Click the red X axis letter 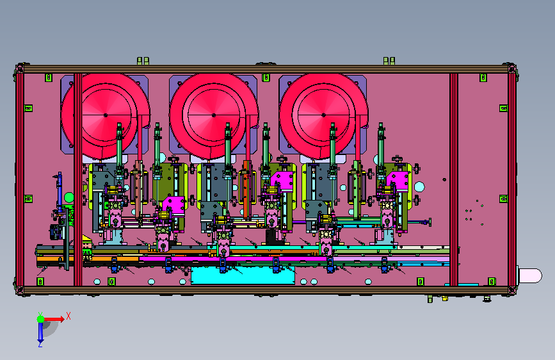tap(68, 316)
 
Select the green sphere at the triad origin tap(41, 319)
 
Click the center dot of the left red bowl tap(106, 115)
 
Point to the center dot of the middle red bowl tap(213, 115)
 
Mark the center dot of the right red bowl tap(323, 115)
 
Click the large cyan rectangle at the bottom tap(243, 275)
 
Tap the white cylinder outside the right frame tap(530, 275)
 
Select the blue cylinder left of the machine tap(60, 190)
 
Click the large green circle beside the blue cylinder tap(69, 197)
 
